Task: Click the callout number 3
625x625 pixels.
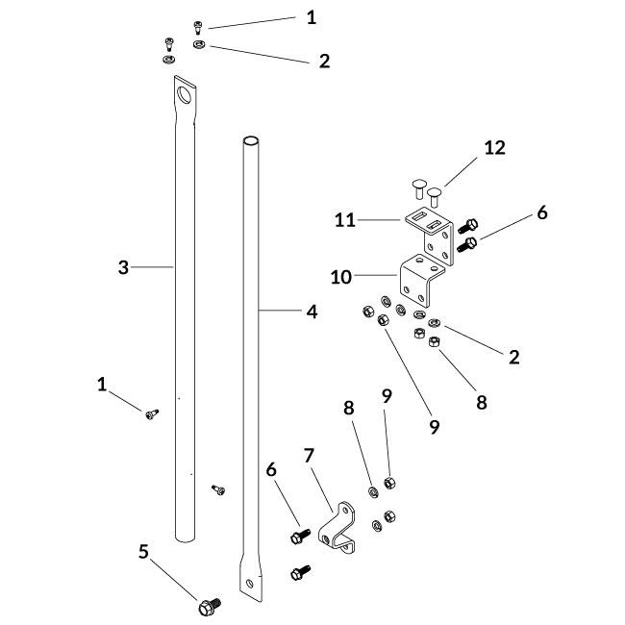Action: click(x=123, y=267)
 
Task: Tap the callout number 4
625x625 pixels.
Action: click(x=312, y=311)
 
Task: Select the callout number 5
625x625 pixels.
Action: click(x=143, y=551)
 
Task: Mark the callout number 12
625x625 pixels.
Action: click(x=494, y=147)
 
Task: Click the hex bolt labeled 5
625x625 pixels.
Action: click(x=207, y=607)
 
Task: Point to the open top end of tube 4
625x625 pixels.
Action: click(x=250, y=141)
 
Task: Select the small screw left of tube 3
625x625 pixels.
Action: click(x=151, y=413)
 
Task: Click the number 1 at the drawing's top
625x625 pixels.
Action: click(x=311, y=17)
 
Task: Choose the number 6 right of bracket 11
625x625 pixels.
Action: click(x=541, y=213)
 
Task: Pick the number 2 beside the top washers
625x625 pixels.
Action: click(x=324, y=61)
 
